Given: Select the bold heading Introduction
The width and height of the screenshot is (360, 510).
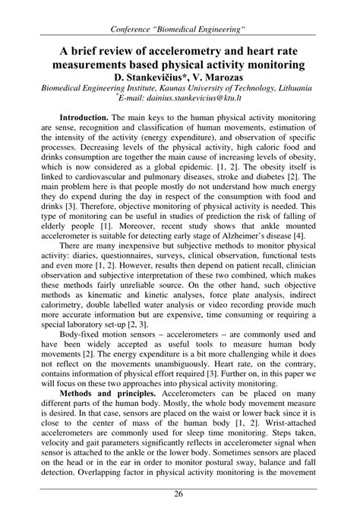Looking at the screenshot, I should (84, 119).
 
